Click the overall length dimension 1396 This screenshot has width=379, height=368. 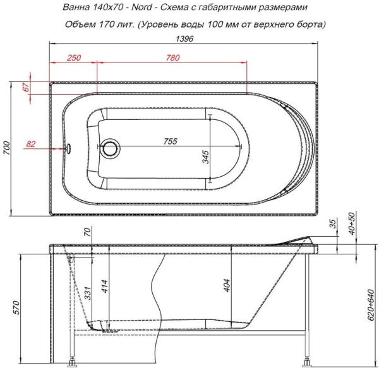click(x=184, y=39)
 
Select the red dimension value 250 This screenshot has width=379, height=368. click(x=73, y=58)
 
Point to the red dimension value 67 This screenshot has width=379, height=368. click(x=26, y=88)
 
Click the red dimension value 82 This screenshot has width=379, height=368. click(x=30, y=145)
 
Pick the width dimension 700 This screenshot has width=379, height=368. click(x=8, y=149)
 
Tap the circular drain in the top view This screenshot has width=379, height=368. click(x=111, y=149)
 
